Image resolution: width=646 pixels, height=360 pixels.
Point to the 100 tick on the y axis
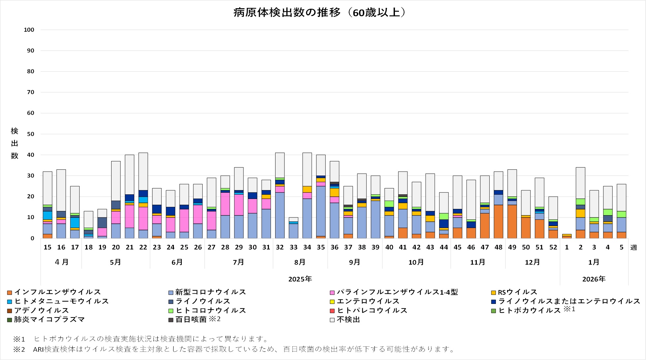point(29,30)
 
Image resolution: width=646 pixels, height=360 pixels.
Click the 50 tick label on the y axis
point(30,134)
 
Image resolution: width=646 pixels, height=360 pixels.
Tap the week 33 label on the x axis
point(293,247)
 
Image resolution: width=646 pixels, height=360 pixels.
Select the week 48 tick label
point(498,247)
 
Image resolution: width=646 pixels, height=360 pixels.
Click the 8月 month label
point(300,262)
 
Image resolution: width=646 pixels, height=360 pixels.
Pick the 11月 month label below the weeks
point(477,262)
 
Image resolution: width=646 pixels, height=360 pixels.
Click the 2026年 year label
point(594,279)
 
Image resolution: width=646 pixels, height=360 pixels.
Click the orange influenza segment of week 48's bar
point(498,221)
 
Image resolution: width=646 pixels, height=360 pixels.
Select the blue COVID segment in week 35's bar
point(321,211)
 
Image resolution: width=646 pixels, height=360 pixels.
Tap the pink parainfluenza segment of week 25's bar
point(184,220)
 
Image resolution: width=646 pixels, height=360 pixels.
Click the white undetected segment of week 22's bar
point(143,171)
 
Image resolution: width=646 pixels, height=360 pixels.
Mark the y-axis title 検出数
point(15,143)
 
